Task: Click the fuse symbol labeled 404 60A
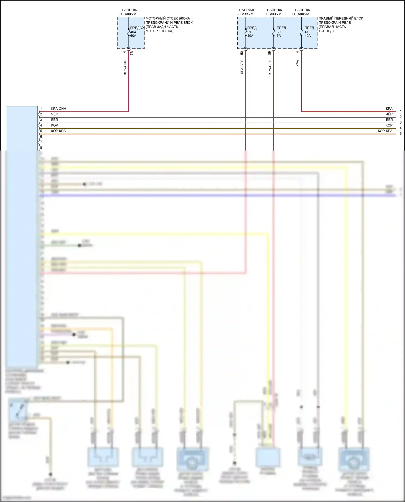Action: click(129, 32)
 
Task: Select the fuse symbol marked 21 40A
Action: click(246, 32)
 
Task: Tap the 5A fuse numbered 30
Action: click(274, 32)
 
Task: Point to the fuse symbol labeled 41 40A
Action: click(301, 32)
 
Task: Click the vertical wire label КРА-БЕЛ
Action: click(242, 67)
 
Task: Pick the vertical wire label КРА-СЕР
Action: click(270, 67)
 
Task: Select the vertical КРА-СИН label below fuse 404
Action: click(125, 67)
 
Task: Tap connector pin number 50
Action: click(242, 53)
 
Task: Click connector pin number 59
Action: click(270, 53)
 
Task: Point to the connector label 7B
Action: click(132, 53)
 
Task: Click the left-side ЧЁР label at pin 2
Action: click(55, 114)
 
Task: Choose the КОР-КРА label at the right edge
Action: click(385, 131)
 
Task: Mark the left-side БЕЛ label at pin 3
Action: click(54, 120)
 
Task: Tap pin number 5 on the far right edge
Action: click(401, 134)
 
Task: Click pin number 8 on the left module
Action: click(41, 148)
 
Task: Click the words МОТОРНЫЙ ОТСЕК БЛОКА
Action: click(168, 18)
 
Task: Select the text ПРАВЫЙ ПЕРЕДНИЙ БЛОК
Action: click(341, 18)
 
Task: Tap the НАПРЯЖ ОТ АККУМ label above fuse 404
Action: click(128, 12)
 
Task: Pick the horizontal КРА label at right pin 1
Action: click(389, 108)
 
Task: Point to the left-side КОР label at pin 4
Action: click(55, 125)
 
